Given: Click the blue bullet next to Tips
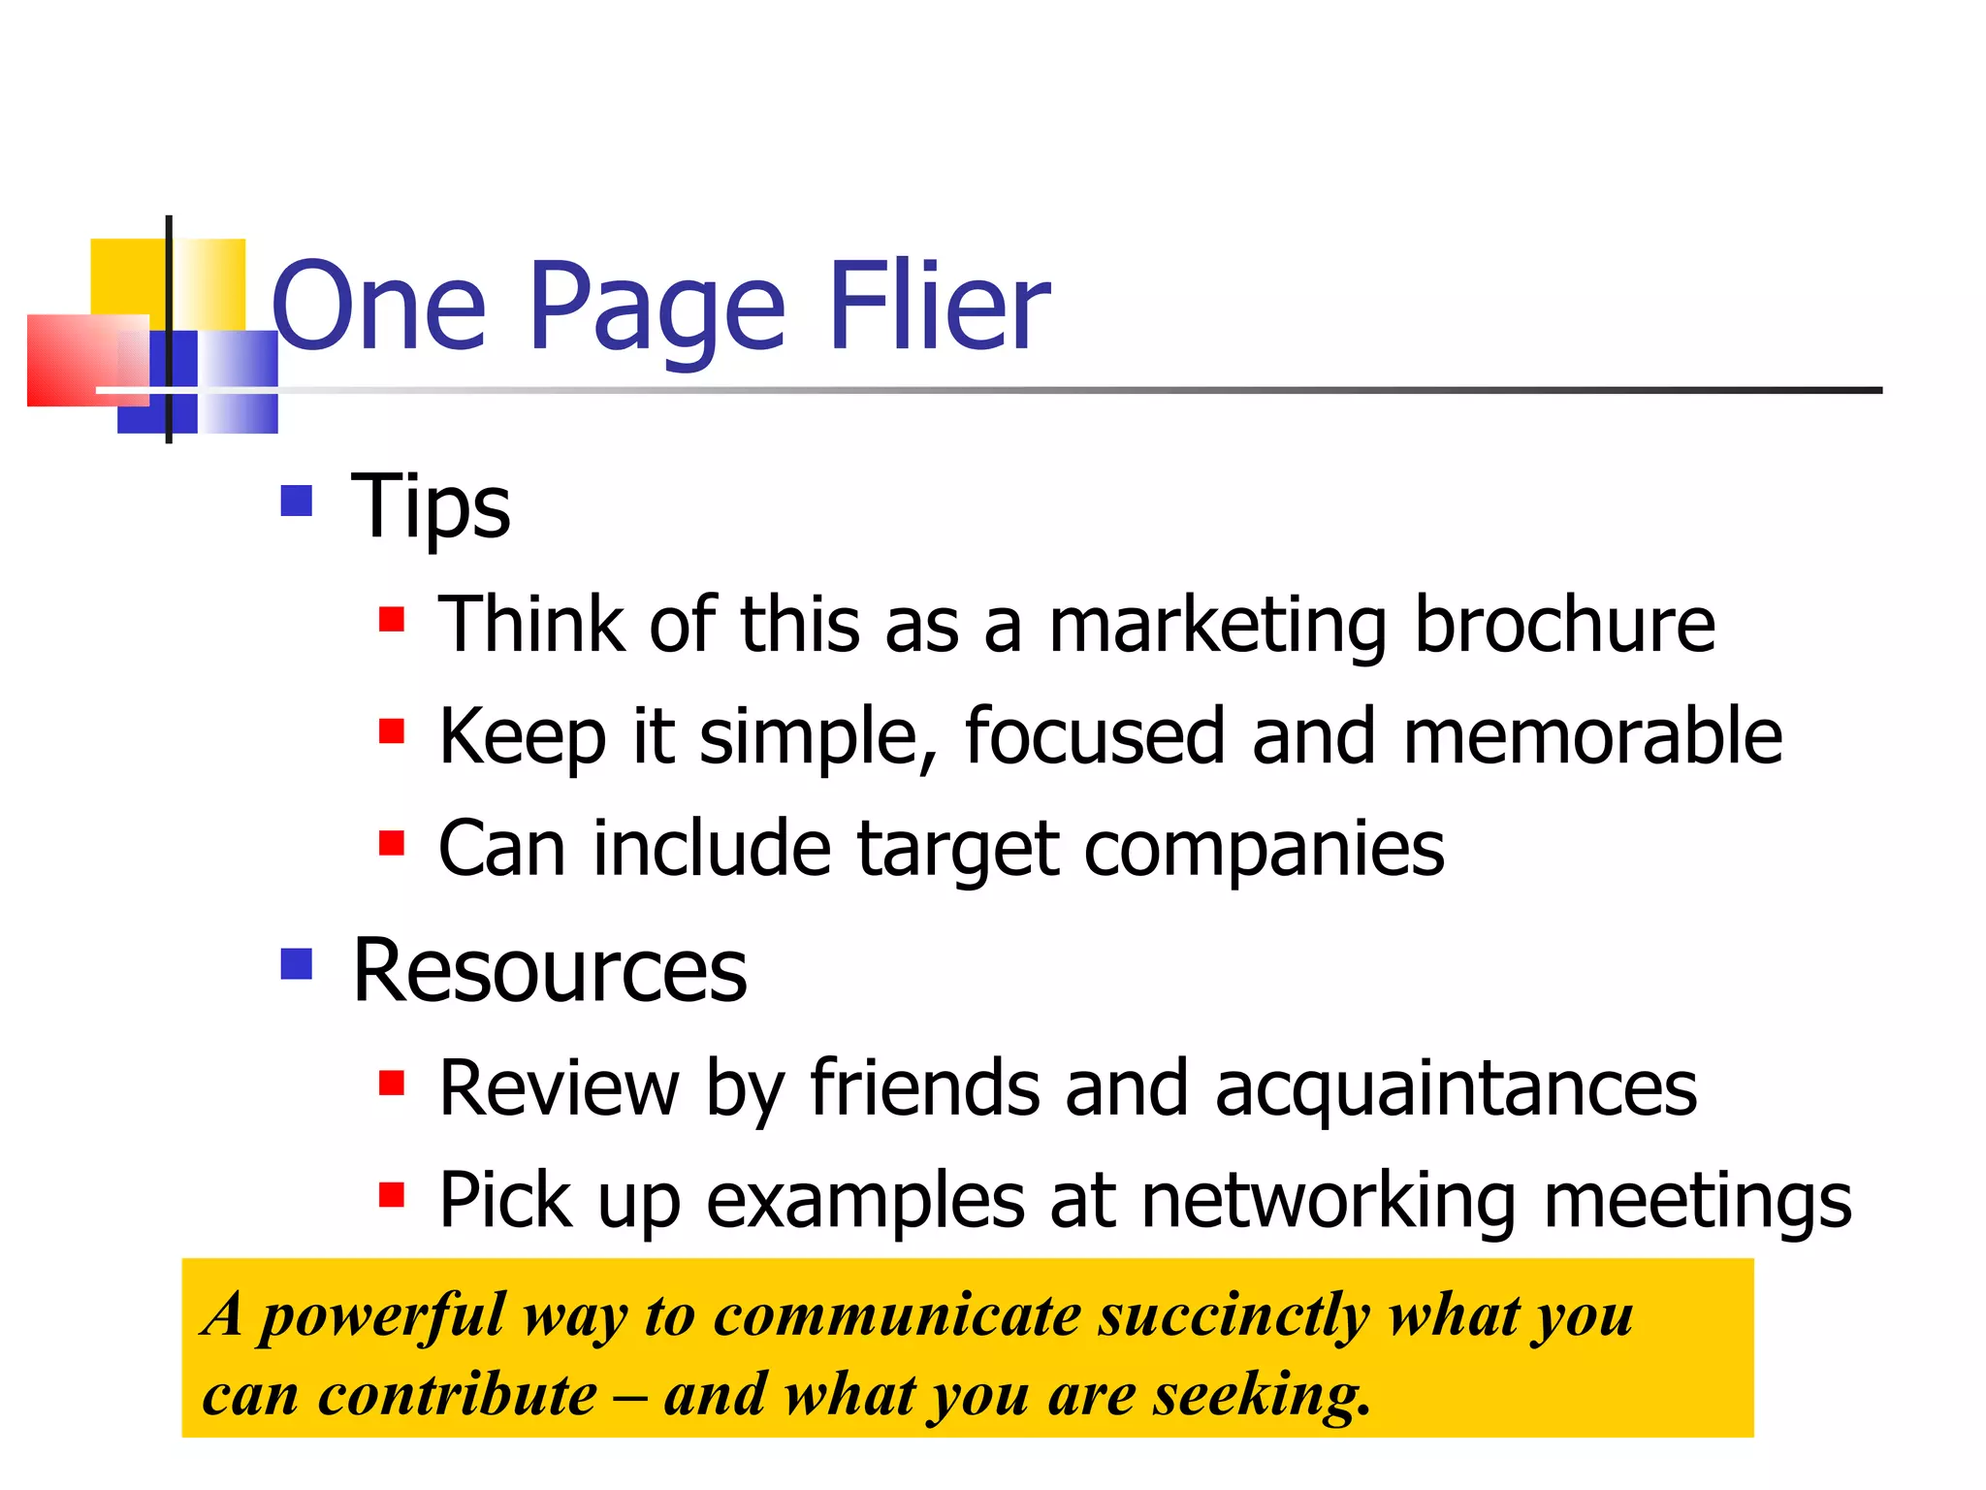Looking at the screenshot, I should point(296,501).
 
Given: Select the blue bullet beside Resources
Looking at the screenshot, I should point(296,963).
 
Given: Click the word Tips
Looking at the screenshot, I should point(431,507).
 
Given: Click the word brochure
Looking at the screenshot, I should point(1564,624).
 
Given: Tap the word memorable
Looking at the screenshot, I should point(1591,736).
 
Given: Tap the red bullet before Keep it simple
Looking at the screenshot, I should point(392,730).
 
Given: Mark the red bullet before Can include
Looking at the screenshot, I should point(392,842).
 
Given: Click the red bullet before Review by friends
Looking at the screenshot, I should point(392,1082).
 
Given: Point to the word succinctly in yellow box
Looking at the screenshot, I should point(1233,1317).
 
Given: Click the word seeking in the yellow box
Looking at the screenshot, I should point(1261,1397).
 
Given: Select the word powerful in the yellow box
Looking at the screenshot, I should point(383,1317).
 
